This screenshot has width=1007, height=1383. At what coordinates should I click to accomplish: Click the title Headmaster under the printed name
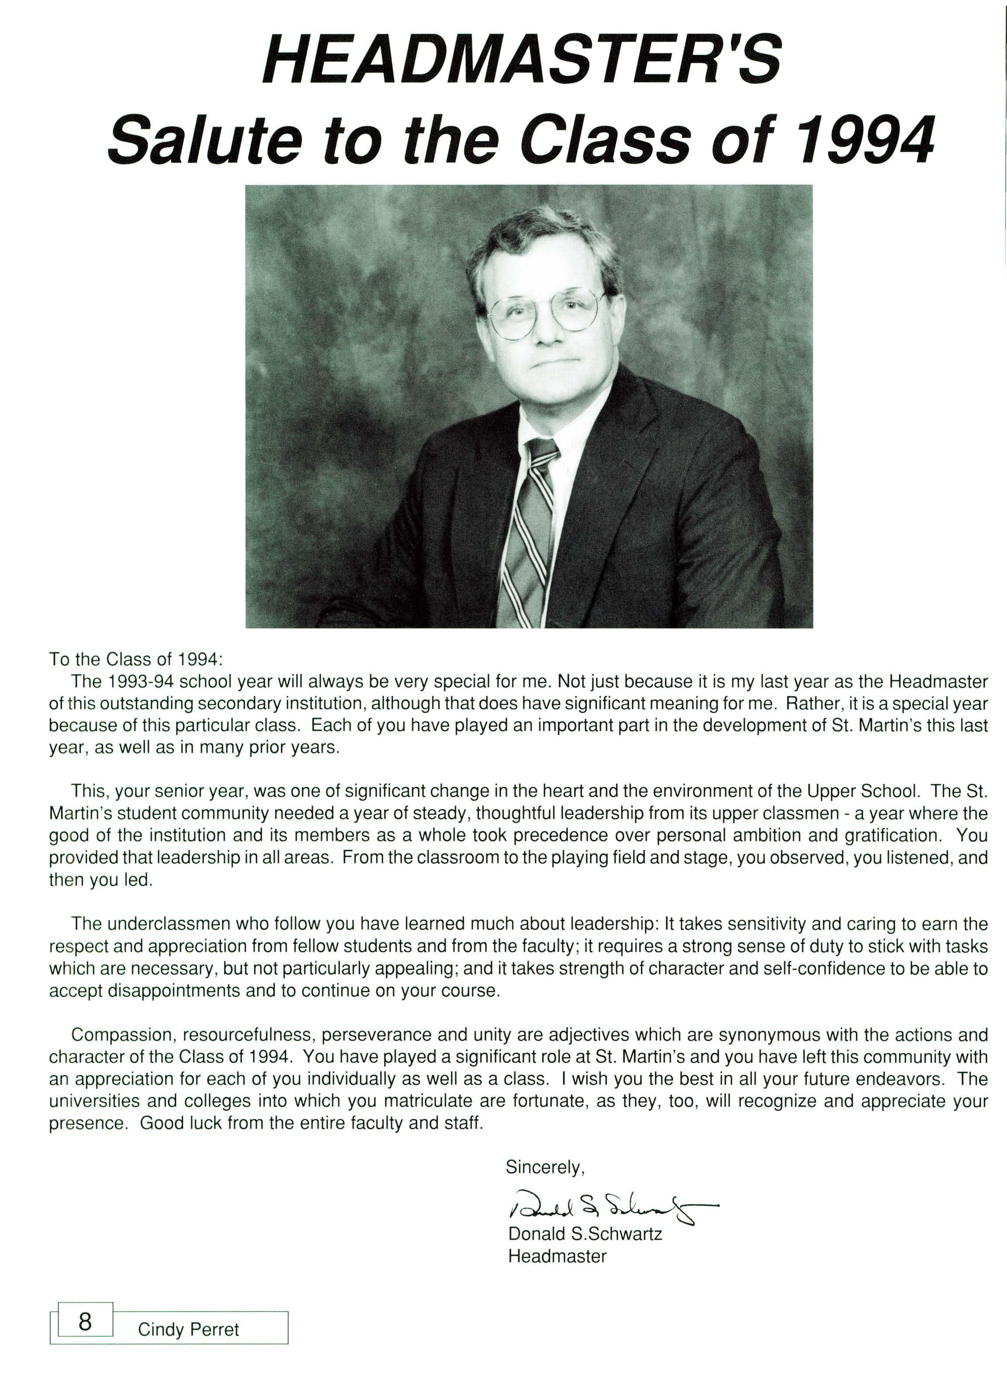point(557,1256)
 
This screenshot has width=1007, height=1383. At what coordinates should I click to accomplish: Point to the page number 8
point(85,1321)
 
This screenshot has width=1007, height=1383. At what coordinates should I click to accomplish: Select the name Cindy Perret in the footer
point(188,1329)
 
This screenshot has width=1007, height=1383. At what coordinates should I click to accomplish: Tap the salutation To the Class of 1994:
point(136,659)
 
